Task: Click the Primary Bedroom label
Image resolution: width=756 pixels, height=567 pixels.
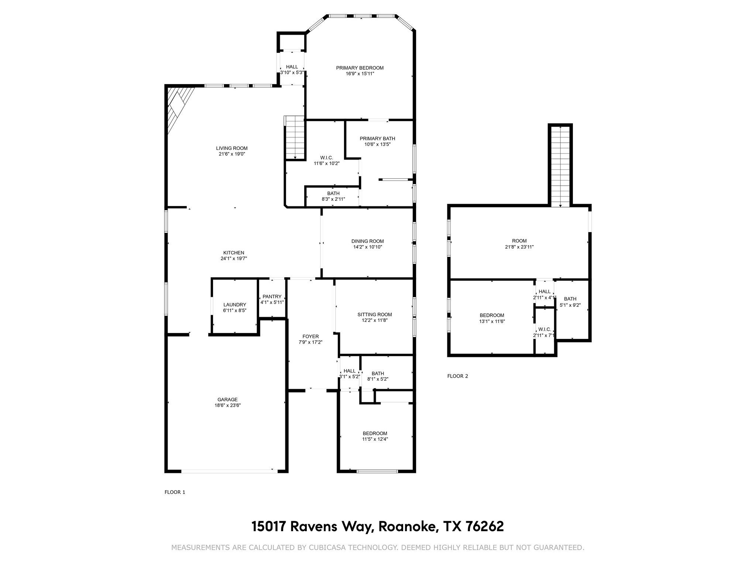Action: tap(360, 68)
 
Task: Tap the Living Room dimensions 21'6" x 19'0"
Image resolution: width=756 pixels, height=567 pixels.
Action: tap(232, 154)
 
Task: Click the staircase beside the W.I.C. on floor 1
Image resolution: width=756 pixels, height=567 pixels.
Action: tap(295, 137)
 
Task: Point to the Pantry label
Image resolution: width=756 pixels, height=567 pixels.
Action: tap(272, 296)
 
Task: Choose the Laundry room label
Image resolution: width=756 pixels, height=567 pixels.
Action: tap(234, 305)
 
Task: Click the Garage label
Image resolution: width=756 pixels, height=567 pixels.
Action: tap(227, 399)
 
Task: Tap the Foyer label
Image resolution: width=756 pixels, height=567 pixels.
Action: tap(310, 336)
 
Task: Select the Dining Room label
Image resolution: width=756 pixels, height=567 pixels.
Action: tap(367, 241)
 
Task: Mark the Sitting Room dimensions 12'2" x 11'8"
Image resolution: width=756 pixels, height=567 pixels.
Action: tap(375, 320)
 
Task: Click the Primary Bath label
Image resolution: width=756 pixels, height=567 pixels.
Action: tap(377, 138)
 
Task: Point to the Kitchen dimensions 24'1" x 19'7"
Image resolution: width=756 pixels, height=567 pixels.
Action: tap(234, 259)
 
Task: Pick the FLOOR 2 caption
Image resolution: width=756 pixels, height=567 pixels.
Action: tap(457, 376)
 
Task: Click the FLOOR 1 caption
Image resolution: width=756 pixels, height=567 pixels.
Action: tap(175, 492)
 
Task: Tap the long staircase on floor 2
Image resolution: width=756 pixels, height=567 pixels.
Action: tap(560, 166)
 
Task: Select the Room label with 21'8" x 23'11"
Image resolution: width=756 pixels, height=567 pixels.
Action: tap(519, 241)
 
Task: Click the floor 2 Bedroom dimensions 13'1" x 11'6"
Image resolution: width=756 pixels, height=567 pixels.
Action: tap(492, 321)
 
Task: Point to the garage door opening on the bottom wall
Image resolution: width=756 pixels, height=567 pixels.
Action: tap(229, 471)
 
